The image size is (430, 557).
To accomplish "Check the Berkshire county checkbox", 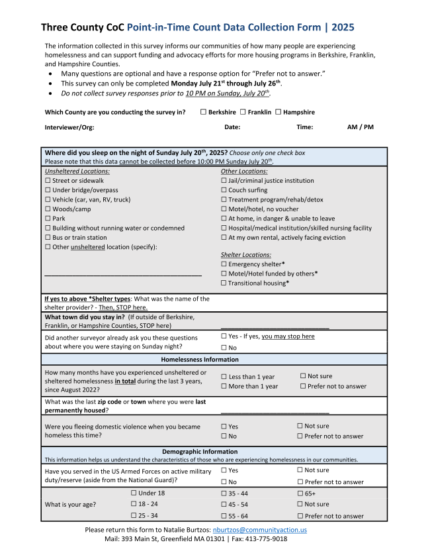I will coord(203,113).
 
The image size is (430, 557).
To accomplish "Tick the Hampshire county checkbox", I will coord(279,113).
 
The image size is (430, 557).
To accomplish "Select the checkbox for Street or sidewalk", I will coord(48,181).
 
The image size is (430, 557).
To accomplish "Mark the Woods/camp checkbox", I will coord(48,209).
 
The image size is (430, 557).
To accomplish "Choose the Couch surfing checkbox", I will coord(224,190).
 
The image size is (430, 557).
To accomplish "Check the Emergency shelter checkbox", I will coord(224,264).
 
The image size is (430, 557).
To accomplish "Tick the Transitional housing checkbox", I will coord(224,283).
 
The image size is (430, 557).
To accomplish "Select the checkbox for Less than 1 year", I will coord(224,377).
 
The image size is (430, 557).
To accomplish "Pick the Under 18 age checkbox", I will coord(134,493).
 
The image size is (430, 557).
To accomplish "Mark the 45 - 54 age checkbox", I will coord(224,505).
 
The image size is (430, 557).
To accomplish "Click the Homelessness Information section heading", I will coord(200,360).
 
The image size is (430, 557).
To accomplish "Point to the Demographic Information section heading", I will coord(200,452).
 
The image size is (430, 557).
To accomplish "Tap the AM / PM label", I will coord(360,127).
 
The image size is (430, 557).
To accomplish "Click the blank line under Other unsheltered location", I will coord(123,274).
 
